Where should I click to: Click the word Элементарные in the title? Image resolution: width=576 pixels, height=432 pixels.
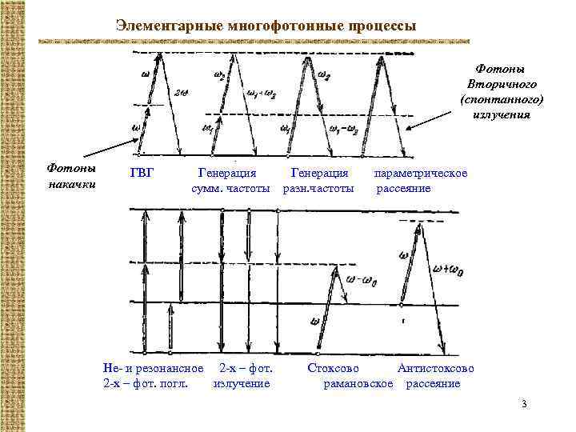(161, 26)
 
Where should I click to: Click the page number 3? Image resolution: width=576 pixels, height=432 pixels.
(523, 402)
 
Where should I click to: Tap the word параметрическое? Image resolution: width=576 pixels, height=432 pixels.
(421, 173)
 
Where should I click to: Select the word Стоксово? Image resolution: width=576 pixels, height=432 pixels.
(334, 369)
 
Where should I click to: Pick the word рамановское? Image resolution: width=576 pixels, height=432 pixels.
(358, 383)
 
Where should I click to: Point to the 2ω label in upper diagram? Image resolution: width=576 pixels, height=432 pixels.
(182, 92)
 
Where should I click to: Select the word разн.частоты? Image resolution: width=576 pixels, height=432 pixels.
(318, 188)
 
